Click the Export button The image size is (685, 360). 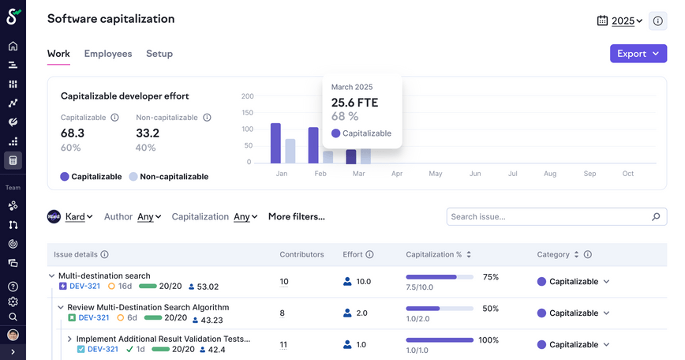[638, 54]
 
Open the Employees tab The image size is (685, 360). [108, 54]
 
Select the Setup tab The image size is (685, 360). [159, 54]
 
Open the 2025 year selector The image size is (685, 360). [621, 21]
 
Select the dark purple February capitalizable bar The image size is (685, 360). [313, 145]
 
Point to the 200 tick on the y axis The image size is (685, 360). [248, 96]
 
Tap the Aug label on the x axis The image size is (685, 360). [550, 173]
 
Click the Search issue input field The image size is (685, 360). [551, 216]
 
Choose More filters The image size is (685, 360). [297, 216]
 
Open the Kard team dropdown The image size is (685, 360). [71, 216]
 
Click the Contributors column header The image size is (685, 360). [301, 255]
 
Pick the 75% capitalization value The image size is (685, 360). [490, 277]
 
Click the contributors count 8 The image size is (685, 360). [283, 313]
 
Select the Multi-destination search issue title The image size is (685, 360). [104, 276]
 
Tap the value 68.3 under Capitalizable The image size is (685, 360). [73, 133]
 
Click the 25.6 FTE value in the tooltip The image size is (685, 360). [354, 103]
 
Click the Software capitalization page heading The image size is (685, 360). [111, 19]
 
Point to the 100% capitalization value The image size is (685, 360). [488, 340]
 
